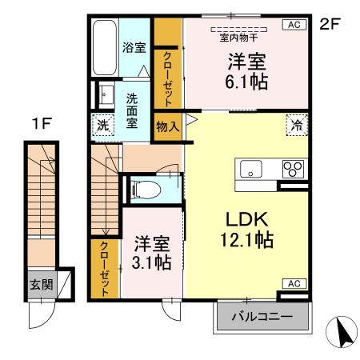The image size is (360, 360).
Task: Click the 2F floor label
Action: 330,23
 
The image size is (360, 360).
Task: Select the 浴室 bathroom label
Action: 133,47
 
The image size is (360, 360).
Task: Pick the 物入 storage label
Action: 166,126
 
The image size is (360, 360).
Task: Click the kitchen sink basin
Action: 250,170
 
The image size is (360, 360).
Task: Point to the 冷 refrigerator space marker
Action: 295,125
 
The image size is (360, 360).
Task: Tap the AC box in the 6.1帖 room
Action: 294,25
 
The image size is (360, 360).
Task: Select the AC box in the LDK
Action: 294,283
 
